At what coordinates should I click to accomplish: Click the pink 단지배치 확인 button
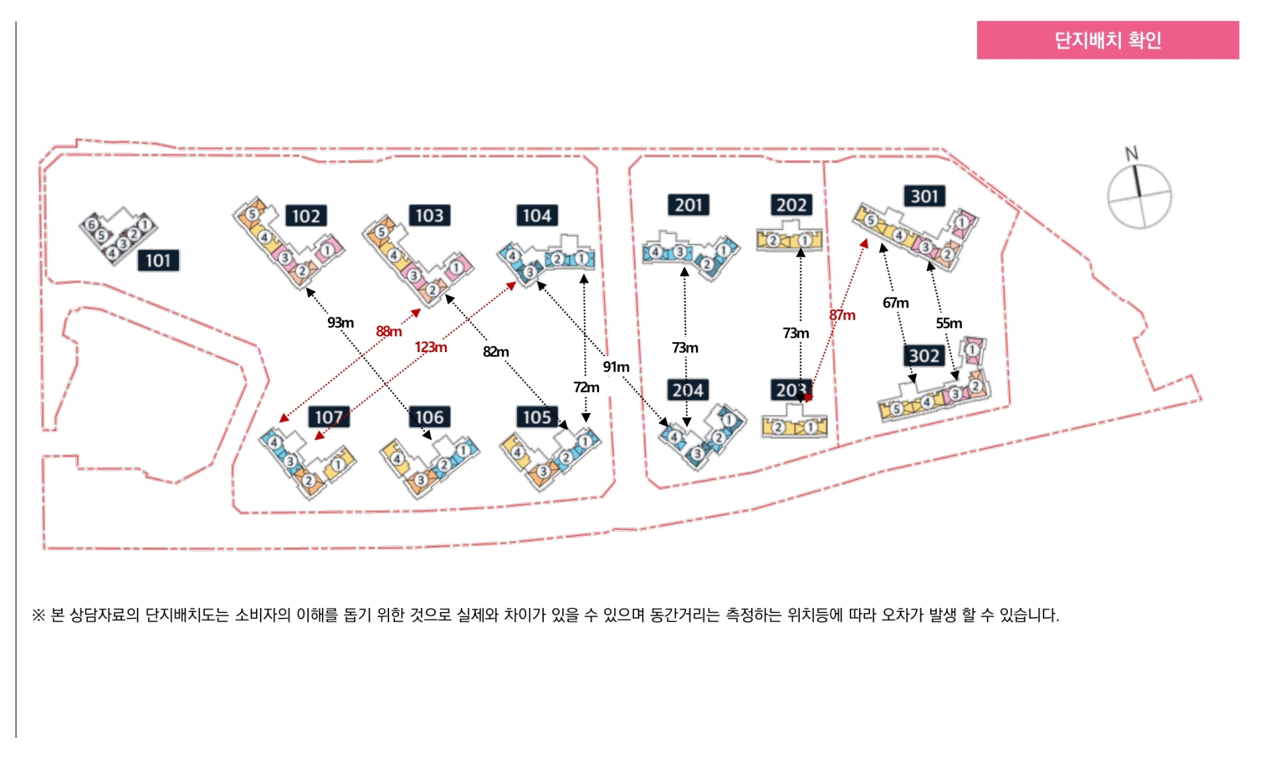point(1107,40)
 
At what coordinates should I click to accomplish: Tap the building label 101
point(158,261)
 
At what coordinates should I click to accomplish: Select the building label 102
point(305,216)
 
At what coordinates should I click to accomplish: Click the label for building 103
point(429,215)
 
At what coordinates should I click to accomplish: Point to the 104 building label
point(537,215)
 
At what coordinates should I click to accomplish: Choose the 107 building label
point(329,417)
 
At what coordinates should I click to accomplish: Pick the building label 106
point(429,417)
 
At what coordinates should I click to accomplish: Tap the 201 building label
point(689,205)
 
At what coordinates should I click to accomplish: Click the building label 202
point(791,205)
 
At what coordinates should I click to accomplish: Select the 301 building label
point(924,196)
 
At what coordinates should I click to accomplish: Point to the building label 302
point(924,356)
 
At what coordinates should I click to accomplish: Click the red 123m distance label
point(431,347)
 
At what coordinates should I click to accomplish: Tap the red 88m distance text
point(388,331)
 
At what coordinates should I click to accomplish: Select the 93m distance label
point(340,322)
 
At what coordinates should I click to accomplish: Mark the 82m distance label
point(496,351)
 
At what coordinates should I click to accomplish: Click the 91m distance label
point(616,366)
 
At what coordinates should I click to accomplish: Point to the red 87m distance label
point(842,315)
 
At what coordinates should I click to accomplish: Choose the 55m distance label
point(949,323)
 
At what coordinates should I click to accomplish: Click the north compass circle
point(1140,197)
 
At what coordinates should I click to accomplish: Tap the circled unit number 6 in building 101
point(92,225)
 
